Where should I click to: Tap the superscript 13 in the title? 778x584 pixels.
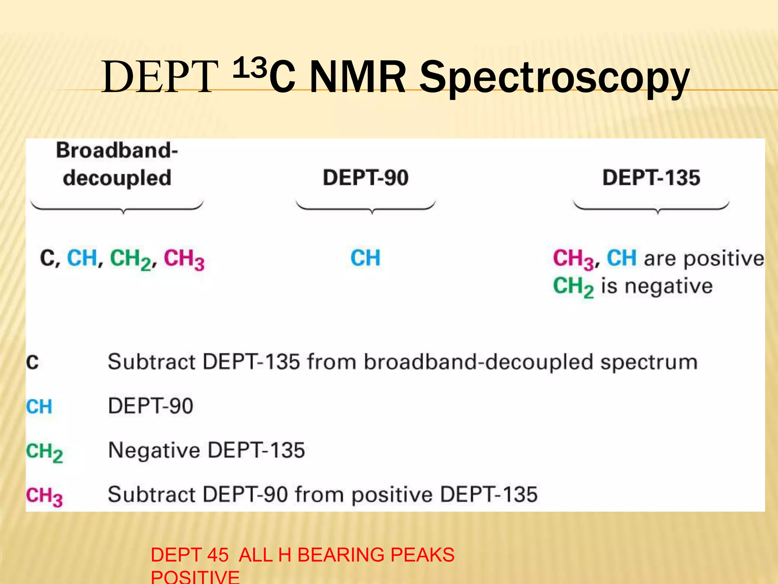pyautogui.click(x=249, y=68)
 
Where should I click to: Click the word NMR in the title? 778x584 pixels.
pyautogui.click(x=357, y=78)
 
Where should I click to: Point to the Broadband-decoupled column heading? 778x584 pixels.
pyautogui.click(x=117, y=164)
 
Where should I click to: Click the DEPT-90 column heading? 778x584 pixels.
pyautogui.click(x=365, y=178)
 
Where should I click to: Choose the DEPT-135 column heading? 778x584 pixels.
pyautogui.click(x=651, y=178)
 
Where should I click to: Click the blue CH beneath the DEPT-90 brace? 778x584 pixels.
pyautogui.click(x=365, y=258)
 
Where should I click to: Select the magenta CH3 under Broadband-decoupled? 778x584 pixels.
pyautogui.click(x=184, y=259)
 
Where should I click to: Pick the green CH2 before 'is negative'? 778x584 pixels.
pyautogui.click(x=573, y=287)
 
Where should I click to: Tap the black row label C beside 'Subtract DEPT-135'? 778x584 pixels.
pyautogui.click(x=33, y=362)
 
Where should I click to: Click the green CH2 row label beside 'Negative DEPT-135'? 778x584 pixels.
pyautogui.click(x=44, y=452)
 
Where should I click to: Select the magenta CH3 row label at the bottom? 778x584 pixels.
pyautogui.click(x=44, y=497)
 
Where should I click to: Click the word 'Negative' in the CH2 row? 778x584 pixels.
pyautogui.click(x=154, y=451)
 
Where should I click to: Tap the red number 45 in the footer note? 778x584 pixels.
pyautogui.click(x=218, y=555)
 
